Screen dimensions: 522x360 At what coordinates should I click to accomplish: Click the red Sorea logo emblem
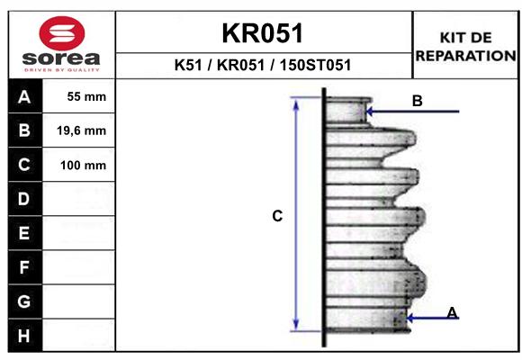62,33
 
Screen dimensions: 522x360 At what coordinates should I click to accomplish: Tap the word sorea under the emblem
61,58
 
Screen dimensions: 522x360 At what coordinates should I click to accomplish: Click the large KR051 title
263,33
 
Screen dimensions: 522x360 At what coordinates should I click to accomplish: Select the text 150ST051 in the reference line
315,65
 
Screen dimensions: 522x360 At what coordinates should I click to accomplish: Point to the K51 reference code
188,65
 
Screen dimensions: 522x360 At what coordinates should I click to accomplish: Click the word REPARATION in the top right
465,56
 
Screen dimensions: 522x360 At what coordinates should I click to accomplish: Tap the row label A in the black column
24,97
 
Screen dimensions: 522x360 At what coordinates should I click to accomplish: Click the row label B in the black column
24,130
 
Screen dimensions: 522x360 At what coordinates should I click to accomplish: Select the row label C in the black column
24,165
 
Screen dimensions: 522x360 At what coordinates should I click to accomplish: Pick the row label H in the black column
24,336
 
